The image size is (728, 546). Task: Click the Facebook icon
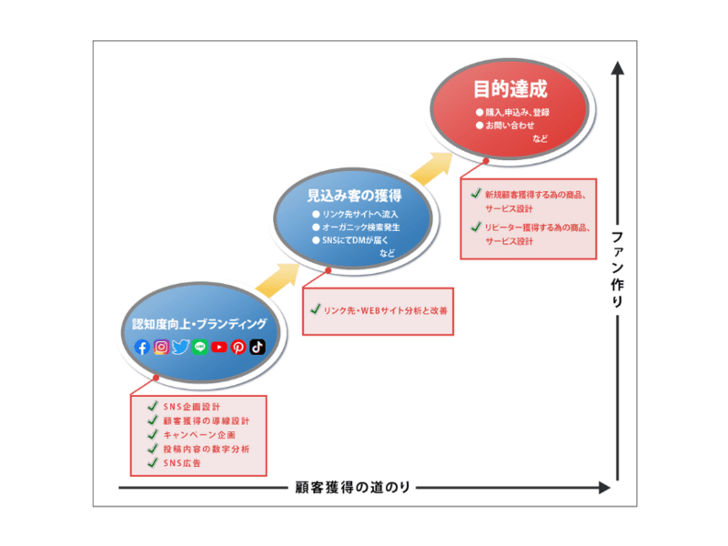point(142,347)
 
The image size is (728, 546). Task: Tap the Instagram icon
point(161,347)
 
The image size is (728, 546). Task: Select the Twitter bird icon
point(180,347)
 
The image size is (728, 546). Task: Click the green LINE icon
point(200,347)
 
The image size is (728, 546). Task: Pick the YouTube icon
point(219,347)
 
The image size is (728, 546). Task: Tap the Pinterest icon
point(238,347)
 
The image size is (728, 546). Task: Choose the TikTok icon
point(258,347)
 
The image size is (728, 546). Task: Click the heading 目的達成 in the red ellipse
point(510,90)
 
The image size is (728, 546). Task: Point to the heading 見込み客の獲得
point(355,196)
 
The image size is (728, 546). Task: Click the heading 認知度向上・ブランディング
point(199,324)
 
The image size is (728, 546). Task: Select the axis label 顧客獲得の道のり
point(353,487)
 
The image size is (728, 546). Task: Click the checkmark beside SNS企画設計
point(153,406)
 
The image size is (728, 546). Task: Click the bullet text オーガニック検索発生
point(361,227)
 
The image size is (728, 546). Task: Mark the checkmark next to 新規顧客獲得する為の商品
point(475,194)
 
